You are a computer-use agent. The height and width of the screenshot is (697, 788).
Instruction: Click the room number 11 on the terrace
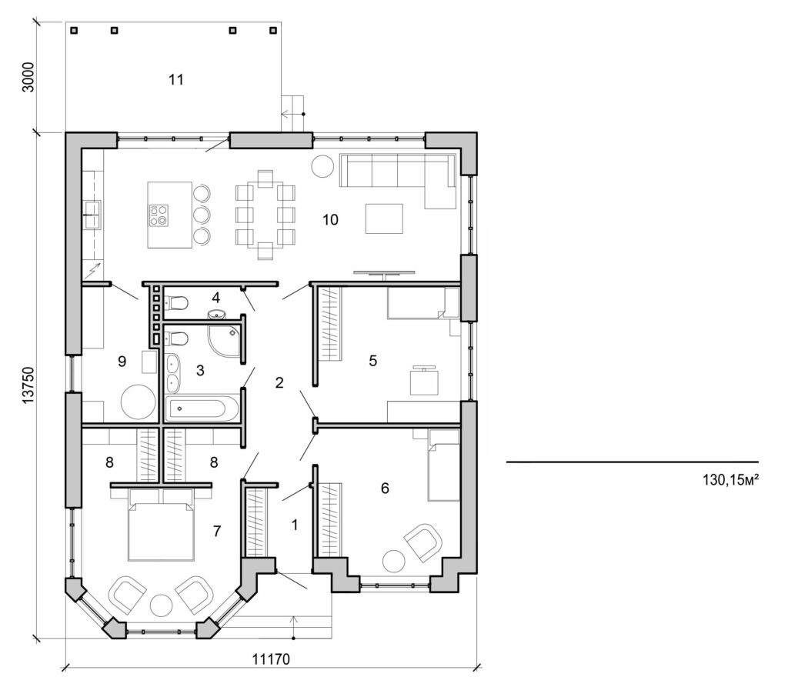tap(176, 79)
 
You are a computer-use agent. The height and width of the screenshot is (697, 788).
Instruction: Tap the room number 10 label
tap(330, 220)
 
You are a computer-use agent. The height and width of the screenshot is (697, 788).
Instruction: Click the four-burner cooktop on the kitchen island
tap(160, 214)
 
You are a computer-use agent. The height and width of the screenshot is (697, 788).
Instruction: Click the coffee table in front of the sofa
tap(384, 218)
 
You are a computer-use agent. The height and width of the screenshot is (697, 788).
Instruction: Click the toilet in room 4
tap(175, 302)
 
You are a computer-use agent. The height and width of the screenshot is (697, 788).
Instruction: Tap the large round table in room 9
tap(138, 402)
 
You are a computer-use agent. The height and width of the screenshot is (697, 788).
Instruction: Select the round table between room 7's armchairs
tap(162, 605)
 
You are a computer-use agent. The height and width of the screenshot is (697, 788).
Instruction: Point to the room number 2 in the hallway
tap(280, 382)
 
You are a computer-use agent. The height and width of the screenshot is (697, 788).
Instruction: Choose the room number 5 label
tap(372, 360)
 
